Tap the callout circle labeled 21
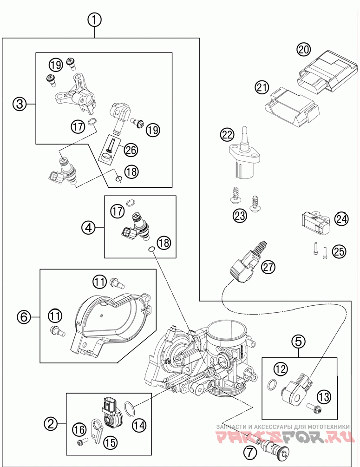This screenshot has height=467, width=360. pos(262,87)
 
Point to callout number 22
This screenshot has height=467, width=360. pos(227,135)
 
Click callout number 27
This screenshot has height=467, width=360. pos(268,267)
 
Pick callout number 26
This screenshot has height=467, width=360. pos(131,150)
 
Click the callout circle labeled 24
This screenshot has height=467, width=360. pos(341,219)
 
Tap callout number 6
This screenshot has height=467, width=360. pos(24,317)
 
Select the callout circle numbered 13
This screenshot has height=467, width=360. pos(324,397)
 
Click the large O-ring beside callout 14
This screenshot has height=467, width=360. pos(131,409)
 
